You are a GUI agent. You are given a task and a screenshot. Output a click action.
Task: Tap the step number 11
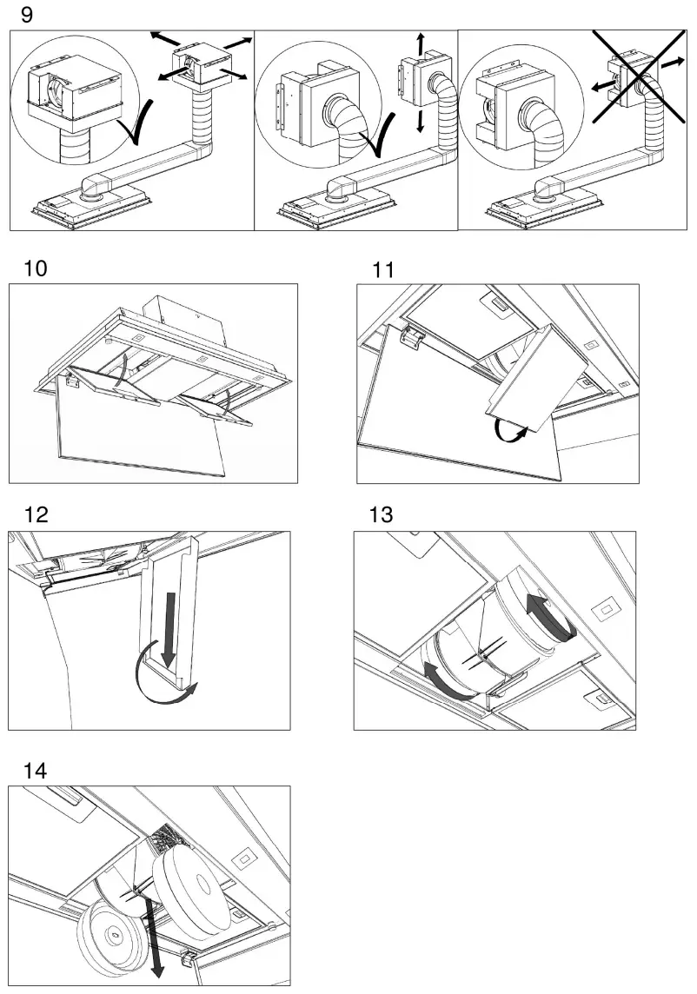pyautogui.click(x=382, y=269)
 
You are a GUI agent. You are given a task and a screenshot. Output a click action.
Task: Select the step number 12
pyautogui.click(x=36, y=514)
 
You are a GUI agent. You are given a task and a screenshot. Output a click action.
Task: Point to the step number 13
pyautogui.click(x=380, y=514)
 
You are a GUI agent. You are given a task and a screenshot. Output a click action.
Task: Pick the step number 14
pyautogui.click(x=37, y=770)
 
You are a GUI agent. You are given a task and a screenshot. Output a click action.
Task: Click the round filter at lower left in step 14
pyautogui.click(x=115, y=937)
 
